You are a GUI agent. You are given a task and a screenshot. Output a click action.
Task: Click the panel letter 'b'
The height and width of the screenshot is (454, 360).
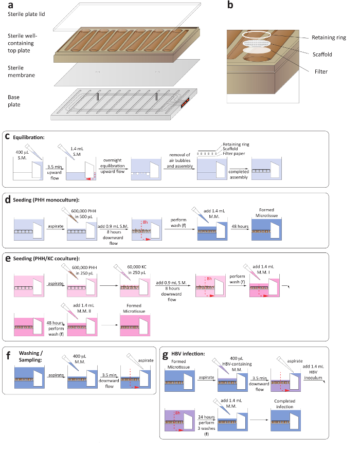click(x=230, y=6)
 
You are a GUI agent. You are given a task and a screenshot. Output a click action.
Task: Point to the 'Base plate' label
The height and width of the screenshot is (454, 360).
click(x=15, y=100)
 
